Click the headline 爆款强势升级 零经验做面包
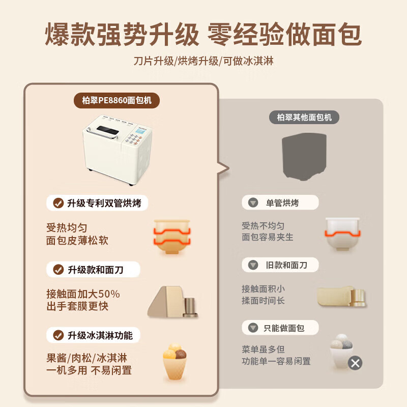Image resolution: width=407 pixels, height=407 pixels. (x=203, y=35)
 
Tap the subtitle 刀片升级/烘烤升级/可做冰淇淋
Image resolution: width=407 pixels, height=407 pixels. (x=203, y=61)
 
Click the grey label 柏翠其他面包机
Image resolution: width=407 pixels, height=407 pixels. (x=304, y=117)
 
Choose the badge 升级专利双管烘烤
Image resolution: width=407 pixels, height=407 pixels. (x=98, y=203)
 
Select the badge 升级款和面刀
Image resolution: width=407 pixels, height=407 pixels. (x=89, y=269)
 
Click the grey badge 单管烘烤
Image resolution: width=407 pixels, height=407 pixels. (x=280, y=203)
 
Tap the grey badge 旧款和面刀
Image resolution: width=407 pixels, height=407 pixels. (x=280, y=265)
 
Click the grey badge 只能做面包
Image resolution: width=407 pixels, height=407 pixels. (x=280, y=328)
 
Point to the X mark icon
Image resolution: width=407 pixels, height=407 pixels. (x=355, y=363)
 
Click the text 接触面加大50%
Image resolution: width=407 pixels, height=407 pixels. (x=83, y=294)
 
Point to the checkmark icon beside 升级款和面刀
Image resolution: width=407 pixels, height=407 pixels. (x=59, y=269)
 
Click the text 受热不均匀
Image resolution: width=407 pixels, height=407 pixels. (x=263, y=225)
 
